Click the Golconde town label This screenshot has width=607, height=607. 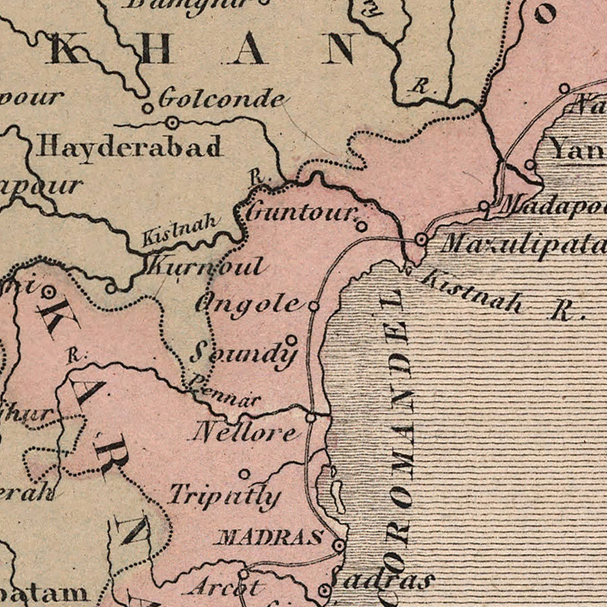click(221, 99)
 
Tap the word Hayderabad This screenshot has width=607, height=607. click(129, 146)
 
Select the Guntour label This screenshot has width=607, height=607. click(301, 213)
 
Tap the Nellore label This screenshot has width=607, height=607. click(244, 432)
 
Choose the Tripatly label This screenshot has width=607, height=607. click(223, 496)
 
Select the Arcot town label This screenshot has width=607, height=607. click(225, 587)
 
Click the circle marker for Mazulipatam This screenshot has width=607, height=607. click(422, 239)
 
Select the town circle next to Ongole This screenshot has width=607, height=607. click(314, 306)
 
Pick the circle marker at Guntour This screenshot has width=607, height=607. click(362, 226)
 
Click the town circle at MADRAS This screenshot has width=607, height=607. click(339, 544)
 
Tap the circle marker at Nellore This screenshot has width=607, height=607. click(310, 418)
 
